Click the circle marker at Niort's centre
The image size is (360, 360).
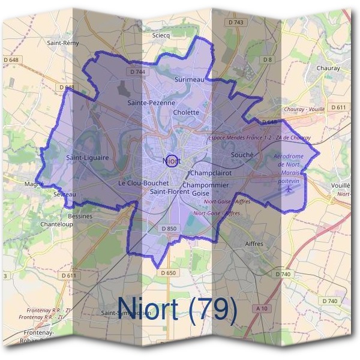[172, 160]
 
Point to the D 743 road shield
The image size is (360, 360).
[236, 22]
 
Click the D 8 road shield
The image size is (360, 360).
[268, 59]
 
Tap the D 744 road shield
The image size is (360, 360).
[137, 72]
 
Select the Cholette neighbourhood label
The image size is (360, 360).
[185, 112]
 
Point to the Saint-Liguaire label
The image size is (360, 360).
[88, 158]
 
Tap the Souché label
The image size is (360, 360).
[243, 155]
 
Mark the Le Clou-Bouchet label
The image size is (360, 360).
[143, 182]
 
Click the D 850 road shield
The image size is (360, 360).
[169, 229]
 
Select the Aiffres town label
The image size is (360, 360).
[255, 244]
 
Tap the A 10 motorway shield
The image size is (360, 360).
[262, 308]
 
